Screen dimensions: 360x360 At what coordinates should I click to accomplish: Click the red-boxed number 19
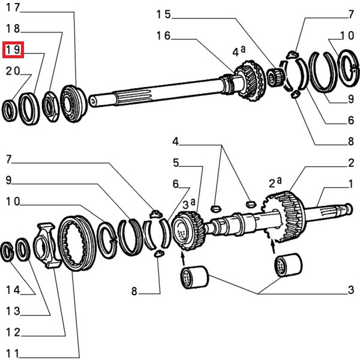tap(13, 49)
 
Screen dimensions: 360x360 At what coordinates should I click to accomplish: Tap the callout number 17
tap(13, 8)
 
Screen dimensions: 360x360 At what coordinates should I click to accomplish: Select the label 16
tap(164, 36)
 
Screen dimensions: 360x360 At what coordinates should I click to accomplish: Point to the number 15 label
tap(164, 14)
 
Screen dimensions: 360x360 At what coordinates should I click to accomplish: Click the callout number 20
tap(13, 71)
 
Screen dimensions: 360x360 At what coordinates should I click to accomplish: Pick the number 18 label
tap(13, 29)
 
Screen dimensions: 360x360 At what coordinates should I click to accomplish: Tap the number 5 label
tap(176, 163)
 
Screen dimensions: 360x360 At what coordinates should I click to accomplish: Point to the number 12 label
tap(13, 332)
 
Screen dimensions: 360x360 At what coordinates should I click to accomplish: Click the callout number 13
tap(13, 311)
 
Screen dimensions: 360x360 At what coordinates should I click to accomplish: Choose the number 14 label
tap(13, 290)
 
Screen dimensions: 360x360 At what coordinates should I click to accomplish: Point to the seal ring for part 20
tap(11, 110)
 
